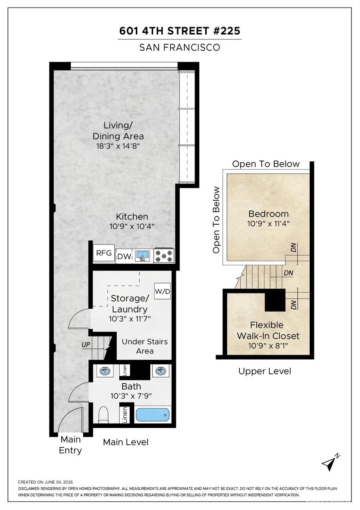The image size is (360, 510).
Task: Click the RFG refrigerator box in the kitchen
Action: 104,253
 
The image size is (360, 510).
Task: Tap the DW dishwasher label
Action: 124,257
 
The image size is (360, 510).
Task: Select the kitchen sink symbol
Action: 143,256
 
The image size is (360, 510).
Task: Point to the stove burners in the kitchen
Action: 164,256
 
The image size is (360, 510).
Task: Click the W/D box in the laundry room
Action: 162,291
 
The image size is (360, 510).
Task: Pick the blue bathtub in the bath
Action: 153,415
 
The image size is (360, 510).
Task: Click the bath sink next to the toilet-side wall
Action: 105,371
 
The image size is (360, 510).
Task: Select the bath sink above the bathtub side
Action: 161,371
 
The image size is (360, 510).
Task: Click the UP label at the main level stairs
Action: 86,345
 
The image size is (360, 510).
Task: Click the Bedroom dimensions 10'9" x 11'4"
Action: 268,224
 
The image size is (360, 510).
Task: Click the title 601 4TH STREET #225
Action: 179,31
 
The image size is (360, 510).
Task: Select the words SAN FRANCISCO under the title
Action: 179,47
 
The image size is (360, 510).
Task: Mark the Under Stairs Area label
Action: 145,346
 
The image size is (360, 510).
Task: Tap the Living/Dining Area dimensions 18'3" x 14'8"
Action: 118,146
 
